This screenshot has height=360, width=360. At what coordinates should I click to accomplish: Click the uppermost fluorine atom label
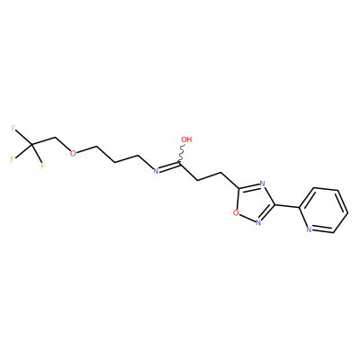click(13, 129)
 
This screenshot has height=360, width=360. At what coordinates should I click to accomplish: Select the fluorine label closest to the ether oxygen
click(42, 166)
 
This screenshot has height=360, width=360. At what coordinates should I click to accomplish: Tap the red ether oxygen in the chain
click(73, 153)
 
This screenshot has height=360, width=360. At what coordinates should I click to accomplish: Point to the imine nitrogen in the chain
click(156, 171)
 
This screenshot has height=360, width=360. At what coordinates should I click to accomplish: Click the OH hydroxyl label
click(186, 139)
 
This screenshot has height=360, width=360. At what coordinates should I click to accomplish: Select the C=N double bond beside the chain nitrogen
click(169, 166)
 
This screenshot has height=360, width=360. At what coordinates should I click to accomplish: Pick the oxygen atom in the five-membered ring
click(236, 213)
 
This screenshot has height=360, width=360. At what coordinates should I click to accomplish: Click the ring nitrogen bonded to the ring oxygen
click(258, 222)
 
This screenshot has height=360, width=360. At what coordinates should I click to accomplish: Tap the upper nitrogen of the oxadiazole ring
click(262, 184)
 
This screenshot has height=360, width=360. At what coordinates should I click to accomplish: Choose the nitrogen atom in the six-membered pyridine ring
click(309, 230)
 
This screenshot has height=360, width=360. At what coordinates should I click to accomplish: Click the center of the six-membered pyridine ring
click(323, 211)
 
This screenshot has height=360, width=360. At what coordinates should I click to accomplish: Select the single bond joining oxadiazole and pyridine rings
click(287, 206)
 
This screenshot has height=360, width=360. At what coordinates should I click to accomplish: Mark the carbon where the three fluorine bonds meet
click(31, 145)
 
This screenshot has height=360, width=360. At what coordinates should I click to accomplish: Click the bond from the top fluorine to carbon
click(23, 138)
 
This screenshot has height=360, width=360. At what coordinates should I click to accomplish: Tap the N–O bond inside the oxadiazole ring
click(247, 218)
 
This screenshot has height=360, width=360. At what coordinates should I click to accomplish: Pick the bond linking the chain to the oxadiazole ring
click(230, 181)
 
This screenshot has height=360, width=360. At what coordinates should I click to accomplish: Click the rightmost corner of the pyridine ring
click(347, 213)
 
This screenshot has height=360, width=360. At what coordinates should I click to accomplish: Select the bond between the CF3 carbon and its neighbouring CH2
click(44, 142)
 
